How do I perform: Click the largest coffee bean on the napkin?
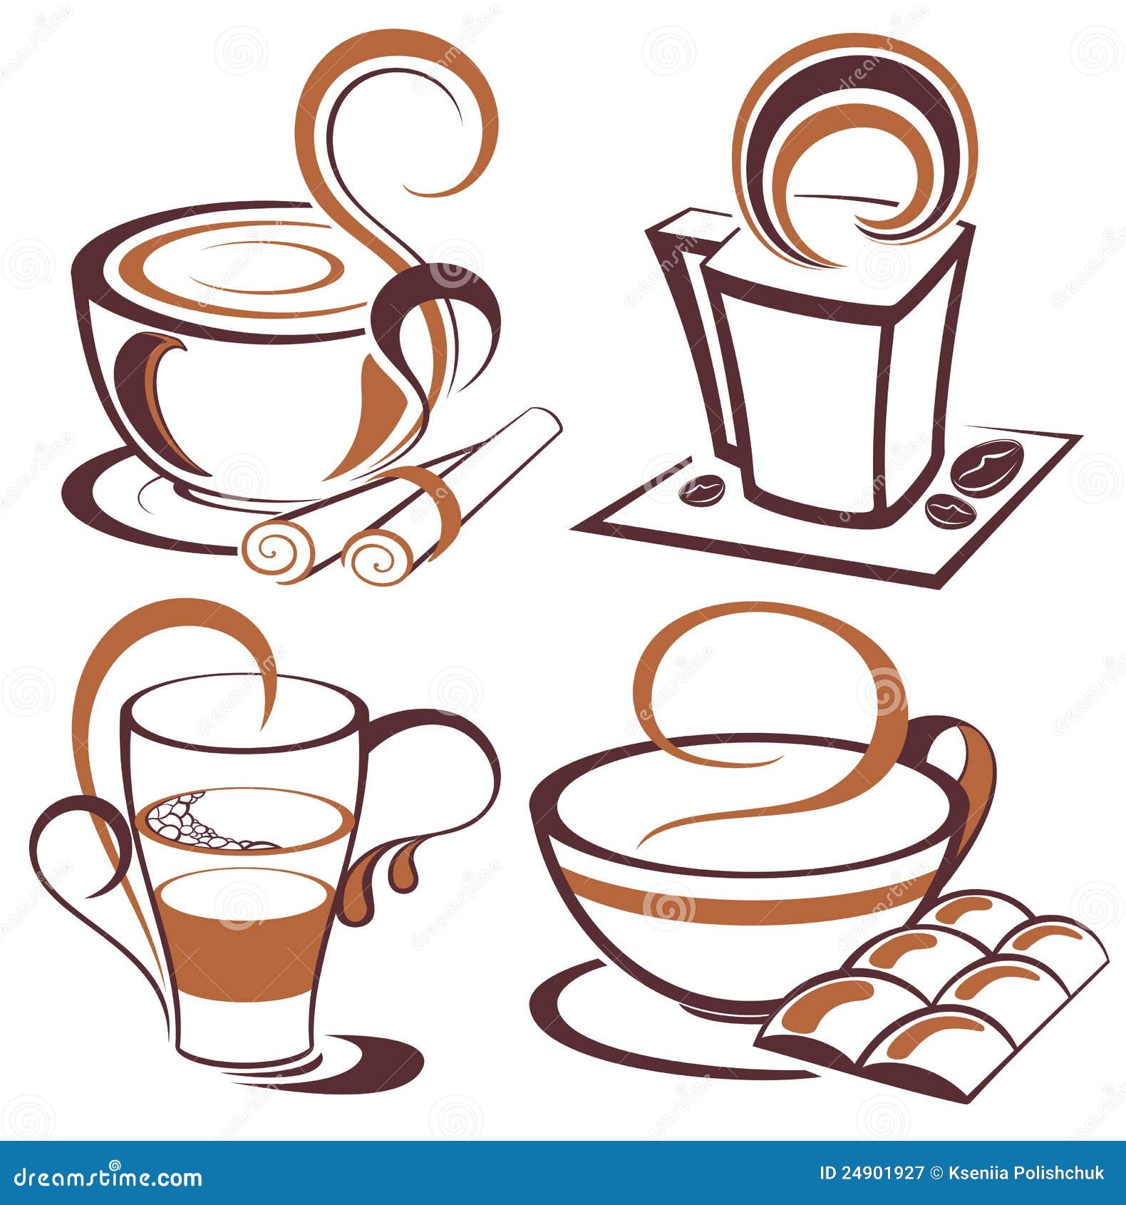point(988,466)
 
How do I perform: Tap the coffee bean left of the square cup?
point(702,489)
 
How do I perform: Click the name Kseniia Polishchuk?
point(1026,1173)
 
